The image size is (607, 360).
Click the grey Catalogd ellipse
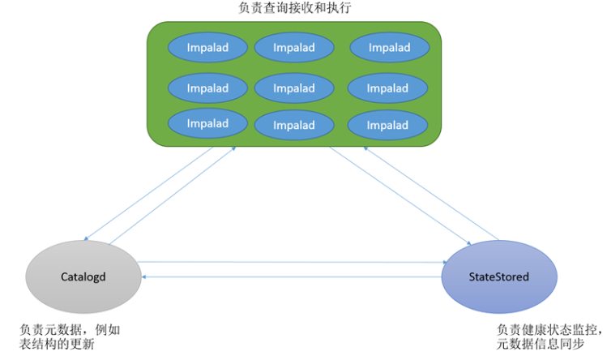[x=83, y=276]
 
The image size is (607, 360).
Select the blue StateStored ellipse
[x=499, y=276]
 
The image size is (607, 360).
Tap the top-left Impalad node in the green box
[x=207, y=47]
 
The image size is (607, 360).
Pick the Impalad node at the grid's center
[x=294, y=88]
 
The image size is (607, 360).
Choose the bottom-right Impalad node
[x=387, y=125]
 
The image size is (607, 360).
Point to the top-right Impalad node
[x=390, y=47]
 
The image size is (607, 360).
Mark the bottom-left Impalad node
[x=207, y=123]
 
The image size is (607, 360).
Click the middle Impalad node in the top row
[x=294, y=47]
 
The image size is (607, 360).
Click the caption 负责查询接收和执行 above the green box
[x=295, y=8]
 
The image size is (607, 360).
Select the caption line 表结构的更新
[x=57, y=344]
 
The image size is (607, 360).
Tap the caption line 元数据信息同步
[x=541, y=344]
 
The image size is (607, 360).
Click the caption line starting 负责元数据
[x=70, y=330]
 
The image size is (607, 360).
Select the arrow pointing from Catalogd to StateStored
[x=293, y=263]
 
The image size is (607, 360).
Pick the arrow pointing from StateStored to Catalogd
[x=292, y=277]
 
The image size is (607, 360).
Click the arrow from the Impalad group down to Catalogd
[x=148, y=193]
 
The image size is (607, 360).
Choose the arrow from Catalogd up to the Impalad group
[x=173, y=195]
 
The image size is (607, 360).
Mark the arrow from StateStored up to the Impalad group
[x=431, y=193]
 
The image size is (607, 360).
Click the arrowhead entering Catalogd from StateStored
[x=143, y=277]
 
